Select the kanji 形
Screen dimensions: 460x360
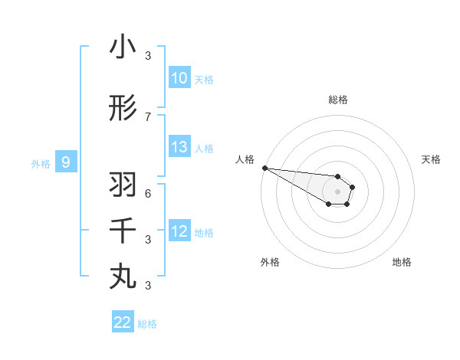coord(123,109)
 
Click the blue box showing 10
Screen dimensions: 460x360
coord(179,78)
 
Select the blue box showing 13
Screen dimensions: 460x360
coord(179,147)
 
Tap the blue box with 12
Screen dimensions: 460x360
coord(179,231)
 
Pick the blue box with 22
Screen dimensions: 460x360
coord(123,322)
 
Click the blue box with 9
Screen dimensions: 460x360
coord(66,162)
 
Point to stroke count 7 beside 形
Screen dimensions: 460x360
coord(148,116)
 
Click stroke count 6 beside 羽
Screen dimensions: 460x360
coord(148,192)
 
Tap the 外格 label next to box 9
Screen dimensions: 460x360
coord(41,163)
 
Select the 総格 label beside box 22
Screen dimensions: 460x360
coord(147,324)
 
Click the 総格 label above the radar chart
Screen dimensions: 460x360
coord(337,100)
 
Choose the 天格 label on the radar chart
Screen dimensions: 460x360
coord(431,159)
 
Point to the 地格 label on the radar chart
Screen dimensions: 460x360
coord(402,262)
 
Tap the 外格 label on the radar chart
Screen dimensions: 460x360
coord(270,262)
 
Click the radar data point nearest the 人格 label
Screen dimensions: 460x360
coord(264,168)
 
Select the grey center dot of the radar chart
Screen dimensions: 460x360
coord(337,191)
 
